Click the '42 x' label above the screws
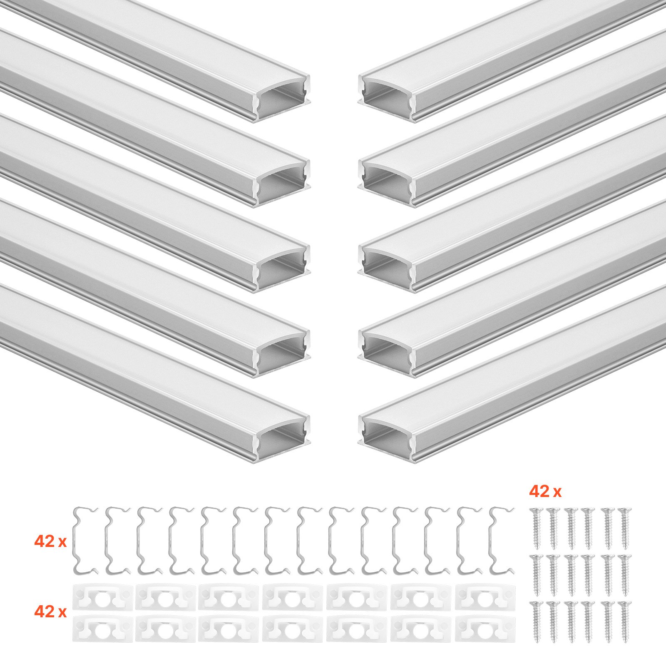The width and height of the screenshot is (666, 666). tap(545, 492)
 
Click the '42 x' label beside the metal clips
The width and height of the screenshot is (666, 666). tap(50, 542)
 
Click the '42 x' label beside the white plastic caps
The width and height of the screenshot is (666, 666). tap(50, 611)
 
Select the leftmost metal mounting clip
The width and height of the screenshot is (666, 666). tap(85, 540)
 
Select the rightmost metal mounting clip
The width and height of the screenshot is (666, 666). tap(501, 540)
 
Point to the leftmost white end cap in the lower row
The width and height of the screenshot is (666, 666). tap(102, 629)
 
